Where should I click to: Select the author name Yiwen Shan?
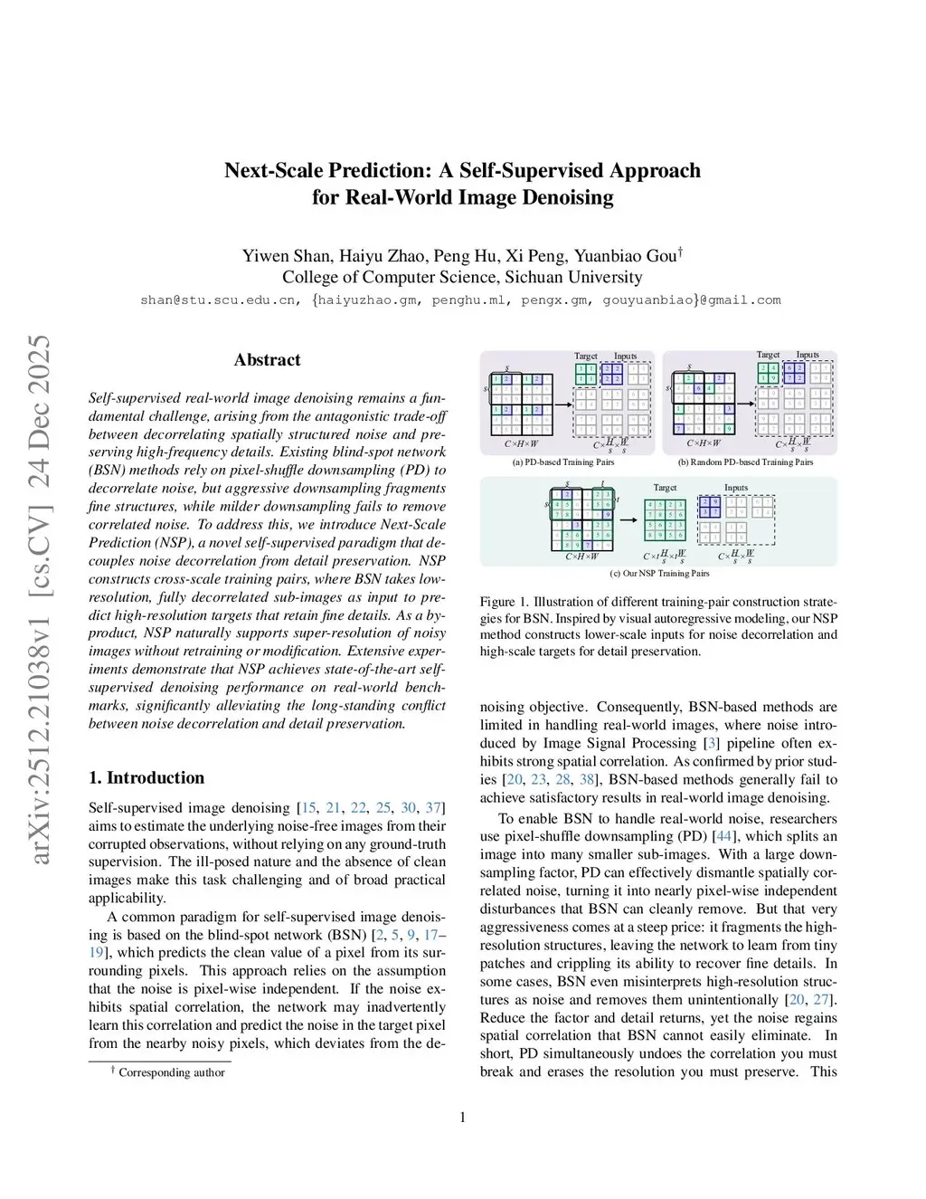[x=286, y=255]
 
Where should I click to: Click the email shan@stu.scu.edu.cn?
[x=218, y=300]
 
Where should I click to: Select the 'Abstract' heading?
[x=267, y=359]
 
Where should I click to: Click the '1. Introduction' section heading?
[x=146, y=777]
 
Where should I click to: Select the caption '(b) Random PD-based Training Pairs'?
[x=746, y=462]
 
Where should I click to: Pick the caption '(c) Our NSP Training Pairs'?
[x=659, y=573]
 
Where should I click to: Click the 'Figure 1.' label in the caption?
[x=498, y=602]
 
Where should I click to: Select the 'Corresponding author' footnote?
[x=172, y=1072]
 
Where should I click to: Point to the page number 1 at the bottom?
[x=463, y=1118]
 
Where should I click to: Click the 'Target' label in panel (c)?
[x=665, y=488]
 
